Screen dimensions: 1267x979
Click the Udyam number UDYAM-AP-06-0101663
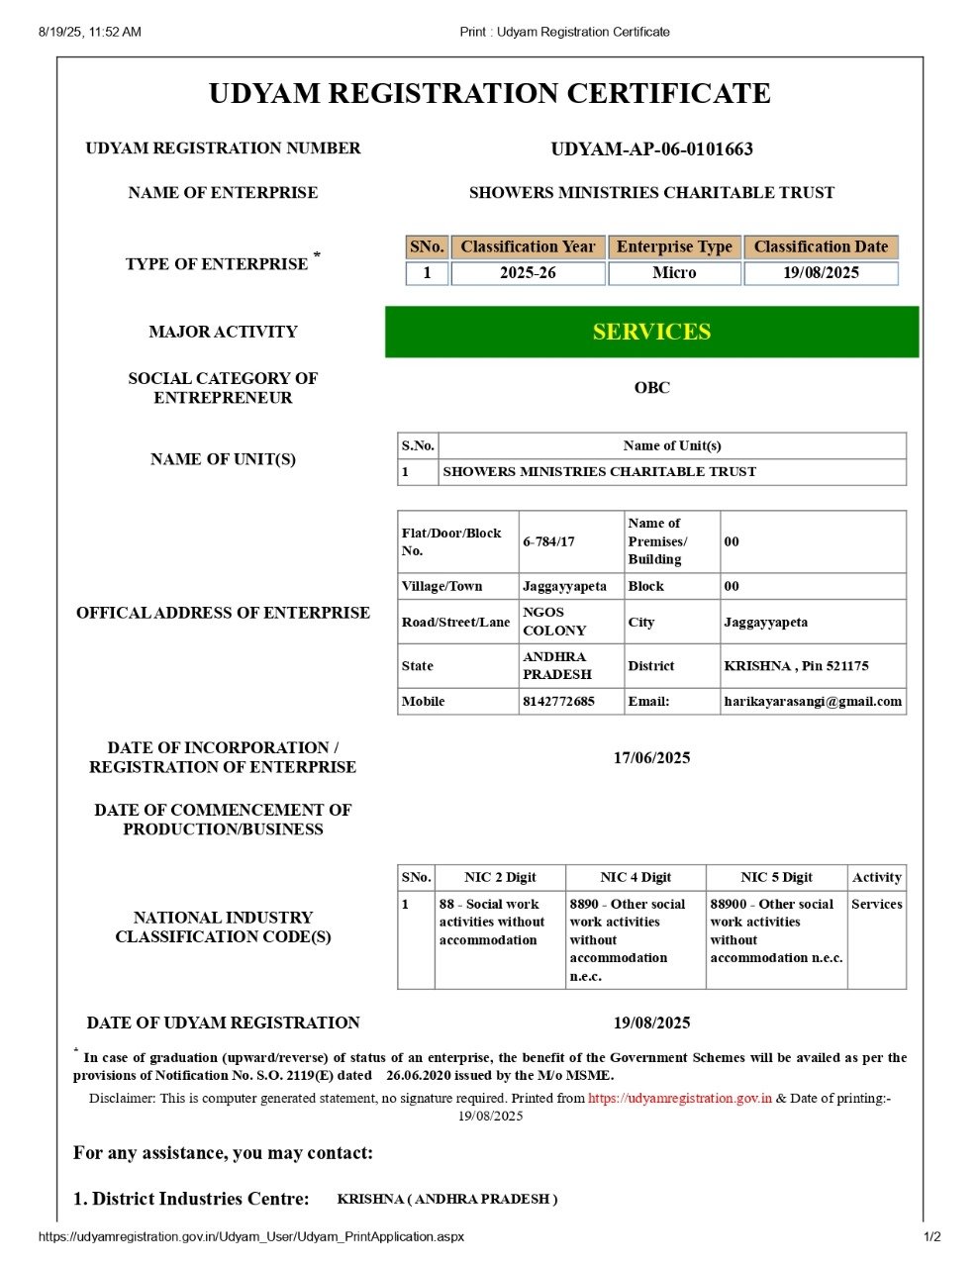(651, 149)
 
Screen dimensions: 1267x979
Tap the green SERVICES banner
(651, 332)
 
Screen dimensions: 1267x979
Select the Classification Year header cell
(528, 246)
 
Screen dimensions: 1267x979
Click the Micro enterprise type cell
(674, 273)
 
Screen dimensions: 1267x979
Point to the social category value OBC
(651, 388)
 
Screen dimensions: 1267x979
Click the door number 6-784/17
(549, 541)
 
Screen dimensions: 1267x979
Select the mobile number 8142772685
(559, 701)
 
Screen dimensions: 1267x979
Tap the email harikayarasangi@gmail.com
(813, 701)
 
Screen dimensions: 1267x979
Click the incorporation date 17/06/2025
(651, 758)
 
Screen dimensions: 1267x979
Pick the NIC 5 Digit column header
(776, 877)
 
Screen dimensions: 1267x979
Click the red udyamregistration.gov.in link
(680, 1098)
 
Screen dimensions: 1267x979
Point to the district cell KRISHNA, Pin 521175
(796, 666)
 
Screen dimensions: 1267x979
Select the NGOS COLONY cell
(555, 622)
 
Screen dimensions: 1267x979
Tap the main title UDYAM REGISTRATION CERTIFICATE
(489, 94)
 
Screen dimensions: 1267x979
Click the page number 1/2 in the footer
(931, 1236)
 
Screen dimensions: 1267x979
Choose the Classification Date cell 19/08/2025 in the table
(821, 273)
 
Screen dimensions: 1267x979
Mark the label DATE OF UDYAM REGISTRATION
(223, 1023)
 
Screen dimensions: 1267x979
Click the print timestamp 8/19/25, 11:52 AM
(90, 32)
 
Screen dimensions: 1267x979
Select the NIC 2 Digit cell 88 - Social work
(492, 922)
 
